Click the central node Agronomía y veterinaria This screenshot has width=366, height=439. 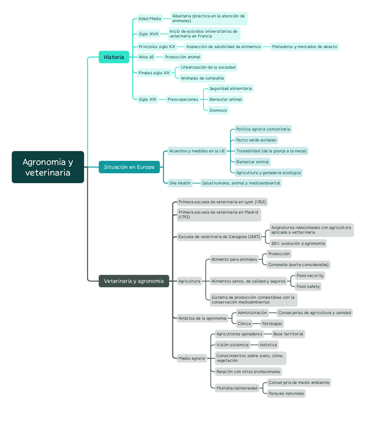click(48, 167)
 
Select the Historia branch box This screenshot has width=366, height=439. click(114, 57)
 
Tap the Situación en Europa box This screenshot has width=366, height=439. click(129, 167)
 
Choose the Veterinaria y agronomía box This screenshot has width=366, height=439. click(134, 281)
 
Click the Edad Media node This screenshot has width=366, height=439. click(150, 19)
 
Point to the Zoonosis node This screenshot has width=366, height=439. click(218, 110)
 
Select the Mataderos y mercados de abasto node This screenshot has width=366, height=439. click(304, 47)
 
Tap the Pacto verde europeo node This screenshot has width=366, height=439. click(256, 140)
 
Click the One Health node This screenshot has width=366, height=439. click(180, 183)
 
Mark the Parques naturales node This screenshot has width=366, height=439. click(286, 393)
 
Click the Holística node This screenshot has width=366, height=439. click(269, 345)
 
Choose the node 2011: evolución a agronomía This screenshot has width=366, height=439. click(298, 243)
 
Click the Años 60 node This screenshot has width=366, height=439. click(146, 57)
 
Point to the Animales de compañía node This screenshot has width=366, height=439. click(202, 78)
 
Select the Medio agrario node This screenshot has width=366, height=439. click(192, 358)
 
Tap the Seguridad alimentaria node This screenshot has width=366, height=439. click(230, 89)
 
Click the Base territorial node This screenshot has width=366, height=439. click(288, 334)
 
